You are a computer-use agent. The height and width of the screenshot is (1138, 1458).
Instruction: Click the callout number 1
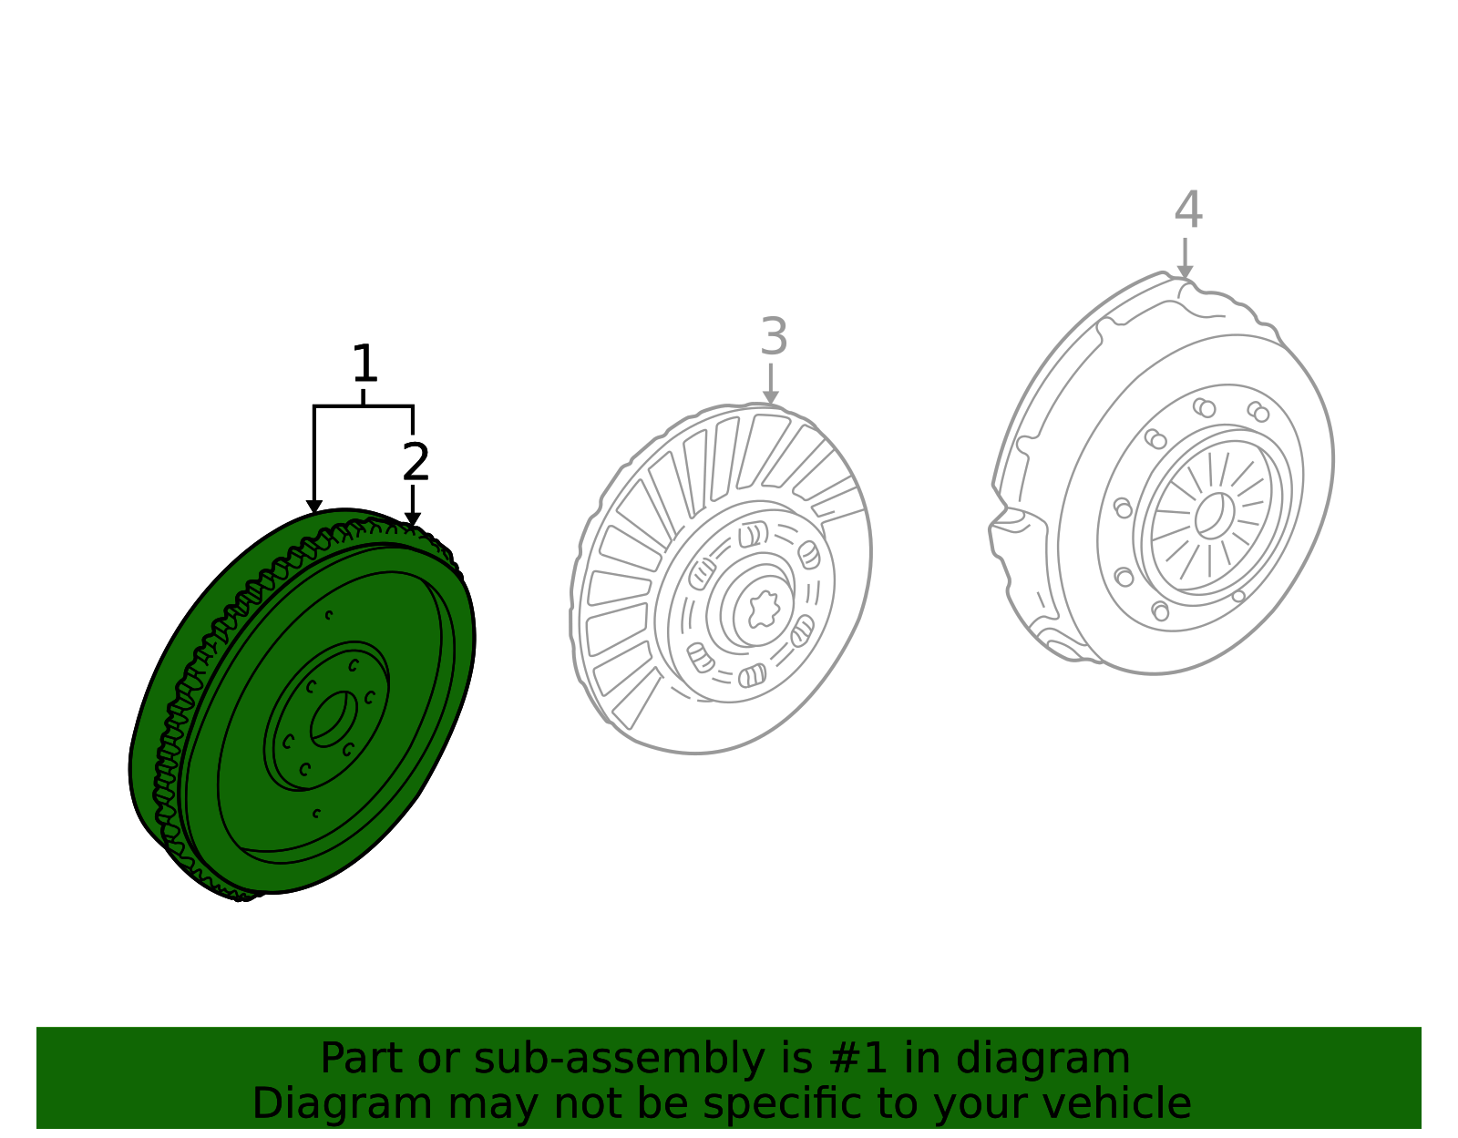[x=365, y=364]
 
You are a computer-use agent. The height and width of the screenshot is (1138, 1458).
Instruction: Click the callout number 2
[x=416, y=461]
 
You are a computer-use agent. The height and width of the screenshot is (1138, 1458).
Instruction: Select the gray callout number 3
[x=774, y=336]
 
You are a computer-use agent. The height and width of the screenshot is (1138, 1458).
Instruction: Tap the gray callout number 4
[x=1188, y=210]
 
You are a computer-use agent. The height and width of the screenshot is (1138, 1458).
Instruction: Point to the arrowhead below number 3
[x=771, y=397]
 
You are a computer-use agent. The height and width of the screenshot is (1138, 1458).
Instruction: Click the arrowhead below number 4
[x=1185, y=272]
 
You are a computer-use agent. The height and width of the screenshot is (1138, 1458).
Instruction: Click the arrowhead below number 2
[x=413, y=519]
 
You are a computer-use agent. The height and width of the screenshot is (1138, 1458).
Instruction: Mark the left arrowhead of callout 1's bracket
[x=314, y=507]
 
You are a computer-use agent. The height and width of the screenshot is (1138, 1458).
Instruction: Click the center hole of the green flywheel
[x=334, y=718]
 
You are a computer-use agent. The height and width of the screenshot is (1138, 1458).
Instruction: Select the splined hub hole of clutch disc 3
[x=764, y=610]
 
